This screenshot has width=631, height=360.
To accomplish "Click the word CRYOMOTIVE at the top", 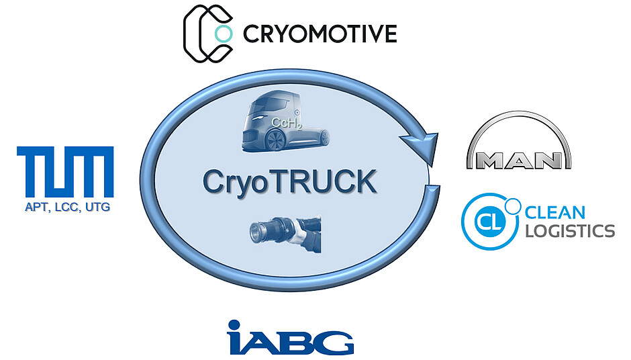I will (320, 33).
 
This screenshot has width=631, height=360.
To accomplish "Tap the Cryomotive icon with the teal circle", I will (209, 33).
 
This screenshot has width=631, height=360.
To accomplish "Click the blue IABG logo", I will (290, 338).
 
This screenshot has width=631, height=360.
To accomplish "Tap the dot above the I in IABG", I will (234, 324).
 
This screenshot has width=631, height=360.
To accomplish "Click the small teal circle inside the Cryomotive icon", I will (222, 33).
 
